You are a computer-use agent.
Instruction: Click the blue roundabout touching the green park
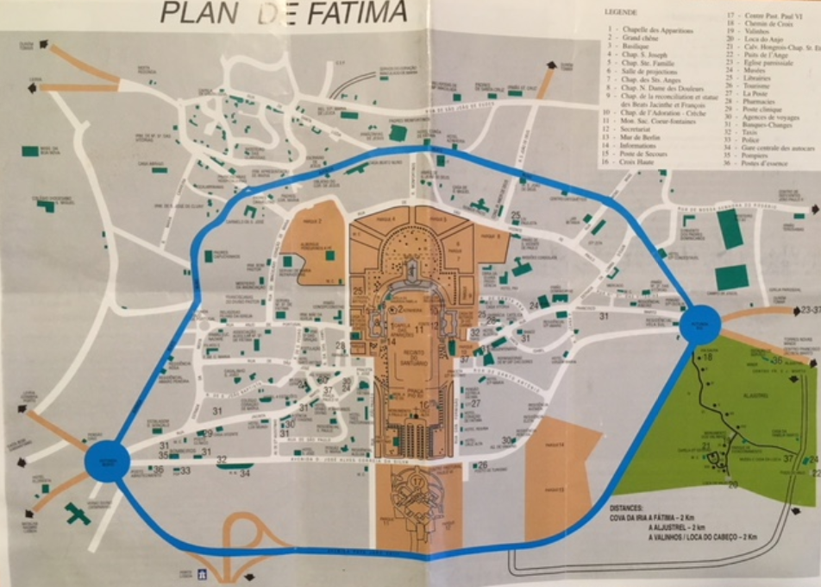click(699, 324)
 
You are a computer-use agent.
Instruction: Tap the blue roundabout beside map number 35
click(107, 459)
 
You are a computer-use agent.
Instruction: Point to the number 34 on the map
click(245, 473)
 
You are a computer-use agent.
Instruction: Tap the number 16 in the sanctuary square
click(423, 404)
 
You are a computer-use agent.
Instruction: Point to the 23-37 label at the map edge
click(808, 308)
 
